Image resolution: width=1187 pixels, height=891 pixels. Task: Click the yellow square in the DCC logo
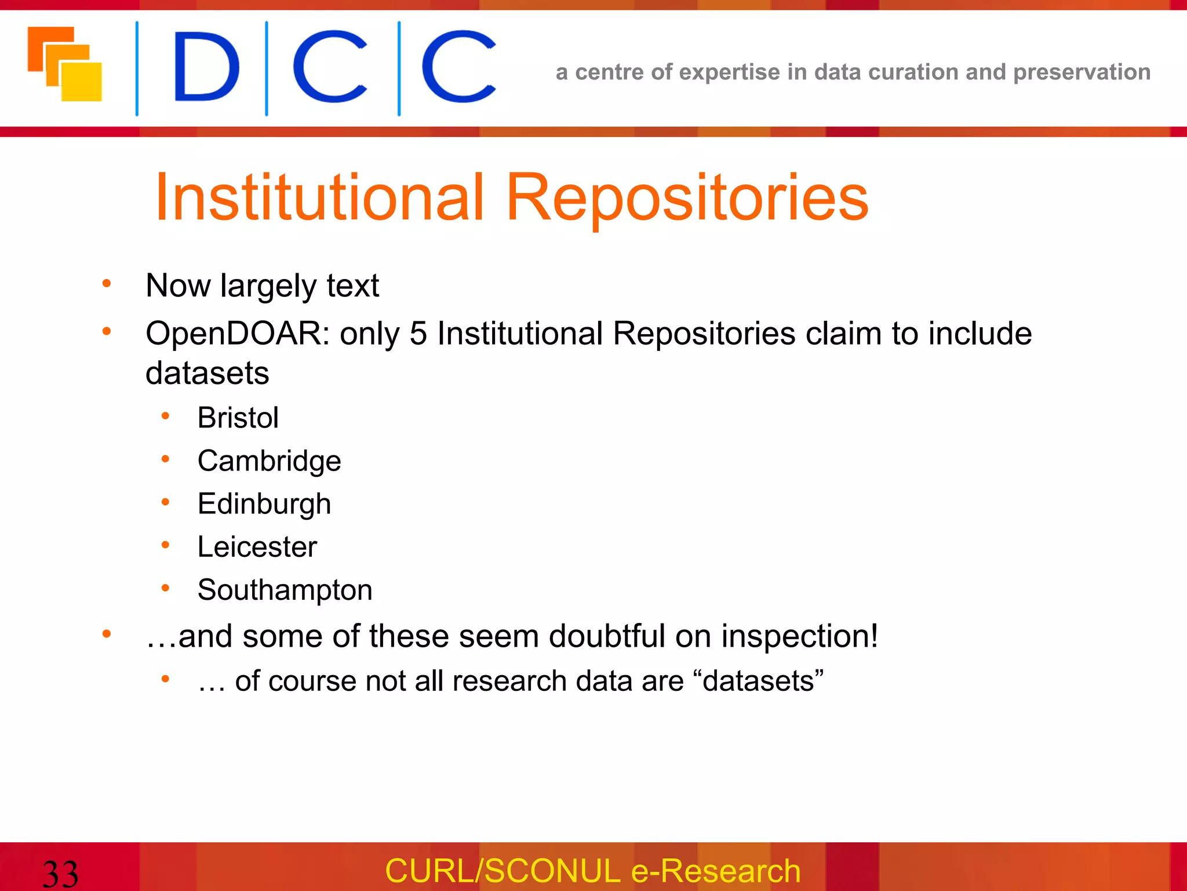(82, 82)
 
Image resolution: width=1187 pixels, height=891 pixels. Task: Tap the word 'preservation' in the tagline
(1082, 73)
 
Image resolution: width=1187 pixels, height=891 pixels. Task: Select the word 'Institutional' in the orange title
(319, 198)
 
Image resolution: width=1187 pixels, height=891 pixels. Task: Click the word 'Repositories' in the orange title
(687, 198)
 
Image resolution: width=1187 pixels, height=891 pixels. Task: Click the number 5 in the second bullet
(418, 334)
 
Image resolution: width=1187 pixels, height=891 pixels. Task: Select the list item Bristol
(238, 418)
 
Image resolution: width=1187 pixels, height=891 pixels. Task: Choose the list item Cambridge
(269, 461)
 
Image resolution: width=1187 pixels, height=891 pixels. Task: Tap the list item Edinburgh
(264, 504)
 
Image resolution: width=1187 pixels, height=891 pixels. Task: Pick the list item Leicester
(257, 547)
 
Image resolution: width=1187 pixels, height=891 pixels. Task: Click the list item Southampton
(285, 590)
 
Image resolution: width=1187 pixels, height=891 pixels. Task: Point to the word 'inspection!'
(800, 636)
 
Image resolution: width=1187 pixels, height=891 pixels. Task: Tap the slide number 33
(60, 874)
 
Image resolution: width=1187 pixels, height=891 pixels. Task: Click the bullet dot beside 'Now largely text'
(107, 284)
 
